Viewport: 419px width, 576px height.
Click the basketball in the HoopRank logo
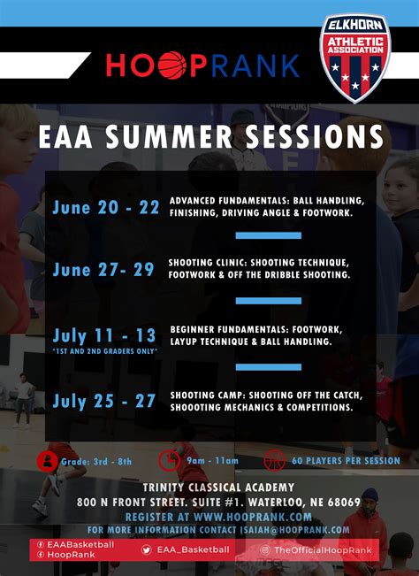172,65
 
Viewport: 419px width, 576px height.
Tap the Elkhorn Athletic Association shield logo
355,58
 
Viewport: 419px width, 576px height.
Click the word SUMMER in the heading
169,136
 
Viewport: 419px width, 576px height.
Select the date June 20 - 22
106,208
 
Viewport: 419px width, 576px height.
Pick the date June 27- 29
103,270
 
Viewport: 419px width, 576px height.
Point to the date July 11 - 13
104,335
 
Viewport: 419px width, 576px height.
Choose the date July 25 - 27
104,401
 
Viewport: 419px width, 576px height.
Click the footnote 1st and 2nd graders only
105,351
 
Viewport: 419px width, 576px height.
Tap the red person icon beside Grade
48,461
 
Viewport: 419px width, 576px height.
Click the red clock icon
169,460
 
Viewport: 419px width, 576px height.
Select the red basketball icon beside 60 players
274,460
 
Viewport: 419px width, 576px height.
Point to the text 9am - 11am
212,461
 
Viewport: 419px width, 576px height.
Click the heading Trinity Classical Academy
218,488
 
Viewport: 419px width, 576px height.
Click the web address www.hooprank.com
253,517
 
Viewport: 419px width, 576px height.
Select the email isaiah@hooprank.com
294,530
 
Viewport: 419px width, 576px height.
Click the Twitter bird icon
147,549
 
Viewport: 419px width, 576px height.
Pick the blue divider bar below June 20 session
269,235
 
